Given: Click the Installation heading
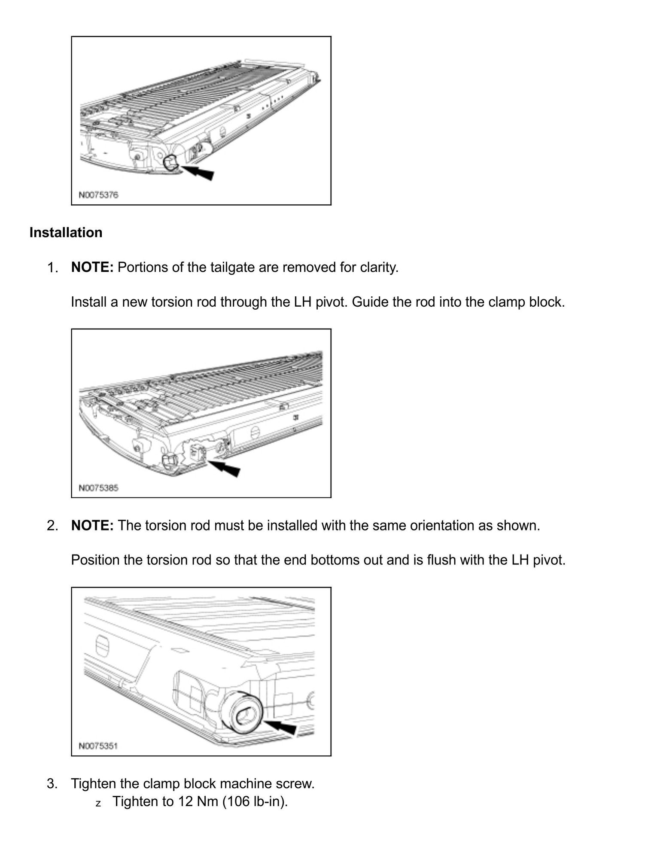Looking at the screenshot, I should (x=66, y=232).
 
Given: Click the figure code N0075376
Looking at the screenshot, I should (x=98, y=195).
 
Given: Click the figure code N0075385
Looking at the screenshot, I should (x=98, y=488).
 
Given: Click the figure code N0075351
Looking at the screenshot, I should (x=98, y=746).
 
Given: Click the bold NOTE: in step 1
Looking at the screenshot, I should (x=92, y=268).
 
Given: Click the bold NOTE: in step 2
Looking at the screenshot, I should (x=92, y=525).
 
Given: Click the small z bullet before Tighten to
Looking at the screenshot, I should (x=98, y=803).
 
